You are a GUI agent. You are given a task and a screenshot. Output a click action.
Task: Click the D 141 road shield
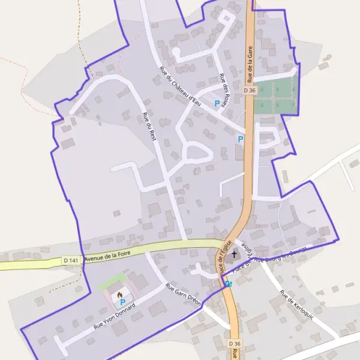pos(70,260)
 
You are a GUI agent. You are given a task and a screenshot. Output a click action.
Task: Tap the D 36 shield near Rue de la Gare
pos(250,90)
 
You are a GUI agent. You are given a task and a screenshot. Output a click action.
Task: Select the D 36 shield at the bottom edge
pos(235,343)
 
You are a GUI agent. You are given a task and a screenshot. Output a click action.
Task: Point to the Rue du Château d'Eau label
pos(180,85)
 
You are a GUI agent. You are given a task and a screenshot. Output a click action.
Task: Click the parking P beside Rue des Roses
pos(217,103)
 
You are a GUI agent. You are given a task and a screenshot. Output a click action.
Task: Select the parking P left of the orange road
pos(241,139)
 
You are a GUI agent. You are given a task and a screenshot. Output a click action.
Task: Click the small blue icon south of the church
pos(229,283)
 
